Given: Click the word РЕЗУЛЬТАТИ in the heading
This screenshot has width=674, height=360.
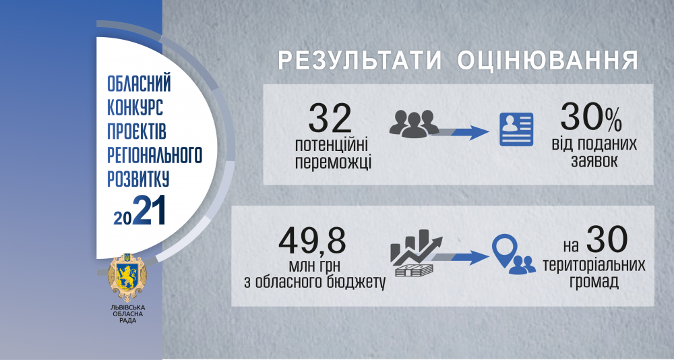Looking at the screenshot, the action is (x=360, y=61).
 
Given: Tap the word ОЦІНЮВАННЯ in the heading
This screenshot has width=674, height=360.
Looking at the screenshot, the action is (x=547, y=61).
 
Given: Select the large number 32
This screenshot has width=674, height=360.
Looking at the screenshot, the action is (x=330, y=119).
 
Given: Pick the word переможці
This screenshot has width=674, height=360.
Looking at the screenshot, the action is (x=333, y=163).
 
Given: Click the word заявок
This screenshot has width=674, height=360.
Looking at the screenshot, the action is (x=594, y=161).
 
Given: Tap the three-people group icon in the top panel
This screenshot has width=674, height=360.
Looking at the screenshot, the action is (x=414, y=123).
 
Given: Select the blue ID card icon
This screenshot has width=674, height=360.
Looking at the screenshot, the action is (x=516, y=129).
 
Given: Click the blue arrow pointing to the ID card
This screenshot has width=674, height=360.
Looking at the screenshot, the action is (x=460, y=132).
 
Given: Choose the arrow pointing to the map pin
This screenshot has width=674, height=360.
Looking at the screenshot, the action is (x=460, y=258).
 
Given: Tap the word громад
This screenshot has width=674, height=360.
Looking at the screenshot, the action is (x=594, y=282).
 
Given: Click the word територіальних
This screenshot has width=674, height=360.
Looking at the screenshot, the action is (x=594, y=265).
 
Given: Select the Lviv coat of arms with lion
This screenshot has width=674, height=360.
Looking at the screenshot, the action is (x=127, y=277).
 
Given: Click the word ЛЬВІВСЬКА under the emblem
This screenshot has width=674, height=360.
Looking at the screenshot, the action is (x=127, y=307).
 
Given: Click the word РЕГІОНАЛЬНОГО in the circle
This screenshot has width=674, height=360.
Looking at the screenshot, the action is (x=154, y=155).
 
